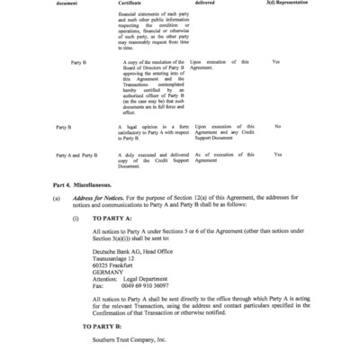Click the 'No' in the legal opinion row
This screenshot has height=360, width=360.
pyautogui.click(x=277, y=126)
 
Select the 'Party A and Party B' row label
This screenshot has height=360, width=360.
pyautogui.click(x=76, y=155)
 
